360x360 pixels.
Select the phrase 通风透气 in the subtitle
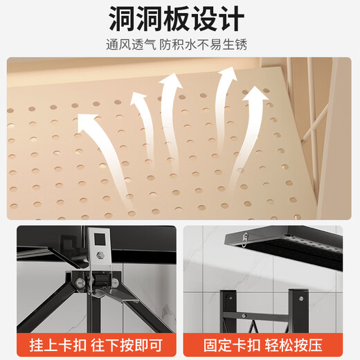click(x=132, y=45)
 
